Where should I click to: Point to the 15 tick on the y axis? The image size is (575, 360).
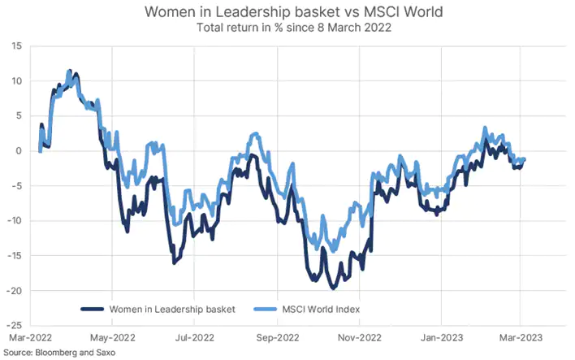tap(16, 46)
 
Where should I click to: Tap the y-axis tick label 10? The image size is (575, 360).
tap(16, 81)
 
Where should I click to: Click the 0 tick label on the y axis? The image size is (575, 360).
tap(19, 151)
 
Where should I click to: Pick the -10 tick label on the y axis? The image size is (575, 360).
tap(14, 221)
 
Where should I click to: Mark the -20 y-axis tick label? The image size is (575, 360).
tap(14, 291)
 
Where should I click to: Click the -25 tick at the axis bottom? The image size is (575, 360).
tap(14, 325)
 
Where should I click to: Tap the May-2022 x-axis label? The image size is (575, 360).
tap(111, 336)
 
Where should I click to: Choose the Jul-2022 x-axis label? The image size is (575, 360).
tap(194, 336)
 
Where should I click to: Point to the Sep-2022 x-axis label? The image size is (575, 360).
tap(277, 336)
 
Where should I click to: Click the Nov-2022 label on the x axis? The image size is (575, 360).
tap(359, 336)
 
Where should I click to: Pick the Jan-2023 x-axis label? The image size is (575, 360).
tap(441, 336)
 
